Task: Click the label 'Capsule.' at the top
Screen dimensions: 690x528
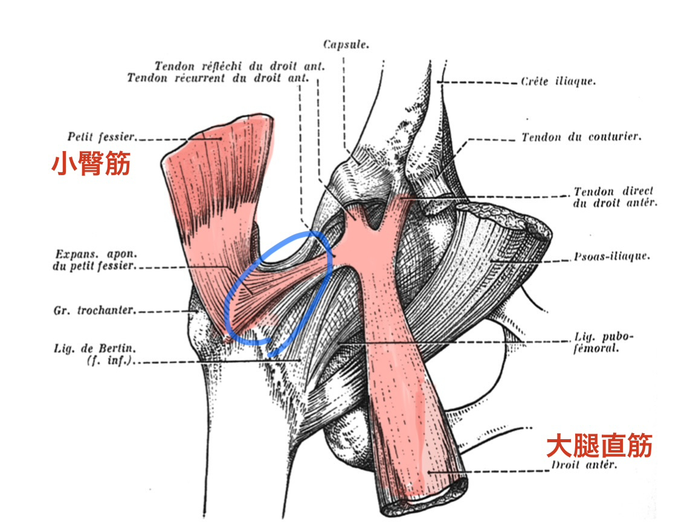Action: [x=346, y=45]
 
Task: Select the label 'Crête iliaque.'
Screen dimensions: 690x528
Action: [x=558, y=82]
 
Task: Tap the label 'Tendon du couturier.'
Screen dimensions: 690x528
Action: [x=581, y=137]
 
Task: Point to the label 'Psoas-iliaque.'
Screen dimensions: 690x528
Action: [x=611, y=257]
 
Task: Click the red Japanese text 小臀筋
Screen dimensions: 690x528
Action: [x=91, y=164]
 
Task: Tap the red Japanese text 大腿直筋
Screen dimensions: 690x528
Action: [x=599, y=445]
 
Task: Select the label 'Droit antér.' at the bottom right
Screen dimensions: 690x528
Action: [x=584, y=465]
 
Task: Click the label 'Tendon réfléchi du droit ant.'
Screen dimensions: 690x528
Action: [x=239, y=66]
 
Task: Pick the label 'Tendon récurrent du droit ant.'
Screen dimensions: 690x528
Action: [x=218, y=79]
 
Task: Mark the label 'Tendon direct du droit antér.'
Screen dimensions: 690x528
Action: [x=615, y=197]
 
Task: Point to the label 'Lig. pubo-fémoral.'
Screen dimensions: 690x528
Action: [x=604, y=343]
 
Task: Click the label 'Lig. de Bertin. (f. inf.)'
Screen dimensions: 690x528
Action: [x=95, y=354]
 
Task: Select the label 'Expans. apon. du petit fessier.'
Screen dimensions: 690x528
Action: [x=95, y=260]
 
